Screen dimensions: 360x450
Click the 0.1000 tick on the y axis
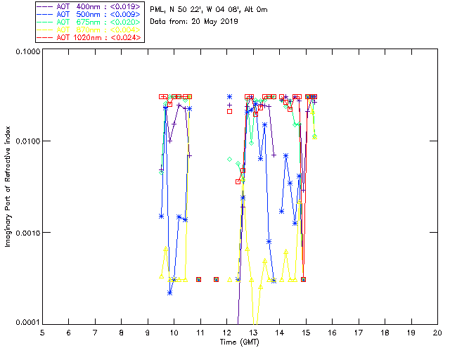point(26,52)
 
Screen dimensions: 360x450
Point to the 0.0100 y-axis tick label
point(26,142)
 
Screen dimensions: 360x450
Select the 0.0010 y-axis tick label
point(26,233)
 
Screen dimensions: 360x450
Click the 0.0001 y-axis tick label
point(26,322)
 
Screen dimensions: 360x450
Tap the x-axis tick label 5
point(42,332)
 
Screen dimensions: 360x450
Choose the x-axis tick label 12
point(226,332)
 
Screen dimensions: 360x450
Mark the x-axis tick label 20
point(437,332)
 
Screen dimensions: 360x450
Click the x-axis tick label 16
point(332,332)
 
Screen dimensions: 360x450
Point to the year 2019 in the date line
point(230,22)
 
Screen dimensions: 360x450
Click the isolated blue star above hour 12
point(229,97)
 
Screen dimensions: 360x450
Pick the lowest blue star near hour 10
point(170,292)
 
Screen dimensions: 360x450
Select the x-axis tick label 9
point(148,332)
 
